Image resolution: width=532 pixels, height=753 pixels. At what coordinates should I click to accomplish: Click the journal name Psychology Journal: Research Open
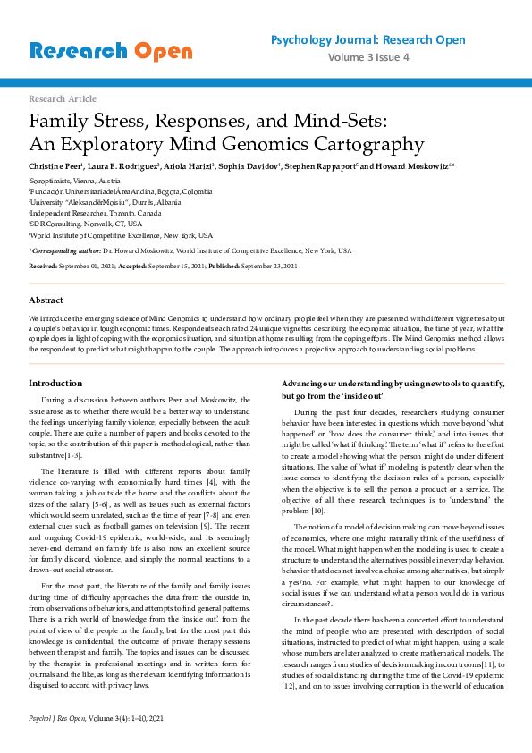(x=367, y=40)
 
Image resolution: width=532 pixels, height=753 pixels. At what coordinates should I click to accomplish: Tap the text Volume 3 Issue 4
(x=367, y=57)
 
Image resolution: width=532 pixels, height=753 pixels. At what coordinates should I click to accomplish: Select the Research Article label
(x=63, y=98)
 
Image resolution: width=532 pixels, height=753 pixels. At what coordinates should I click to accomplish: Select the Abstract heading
(x=46, y=300)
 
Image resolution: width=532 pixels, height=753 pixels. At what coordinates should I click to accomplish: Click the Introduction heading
(x=56, y=384)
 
